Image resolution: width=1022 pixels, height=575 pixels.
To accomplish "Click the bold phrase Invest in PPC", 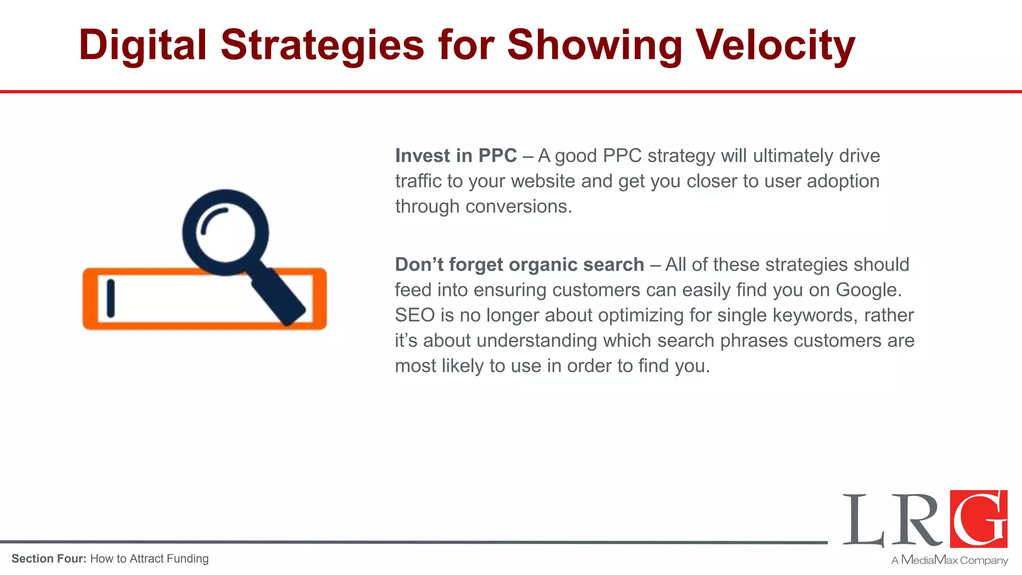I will coord(456,156).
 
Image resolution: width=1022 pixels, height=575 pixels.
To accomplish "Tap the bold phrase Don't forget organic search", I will coord(519,265).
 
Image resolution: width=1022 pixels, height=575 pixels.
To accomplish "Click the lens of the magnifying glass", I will coord(226,233).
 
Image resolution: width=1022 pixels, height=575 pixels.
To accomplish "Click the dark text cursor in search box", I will coord(111,298).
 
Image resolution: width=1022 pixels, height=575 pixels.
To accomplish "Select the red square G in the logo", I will coord(979,519).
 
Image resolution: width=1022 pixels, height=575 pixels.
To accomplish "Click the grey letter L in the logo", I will coord(863,520).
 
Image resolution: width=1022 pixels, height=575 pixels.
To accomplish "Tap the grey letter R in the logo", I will coord(917,520).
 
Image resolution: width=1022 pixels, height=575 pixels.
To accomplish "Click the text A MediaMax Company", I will coord(950,560).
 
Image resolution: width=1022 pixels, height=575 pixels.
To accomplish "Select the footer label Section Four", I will coord(49,559).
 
